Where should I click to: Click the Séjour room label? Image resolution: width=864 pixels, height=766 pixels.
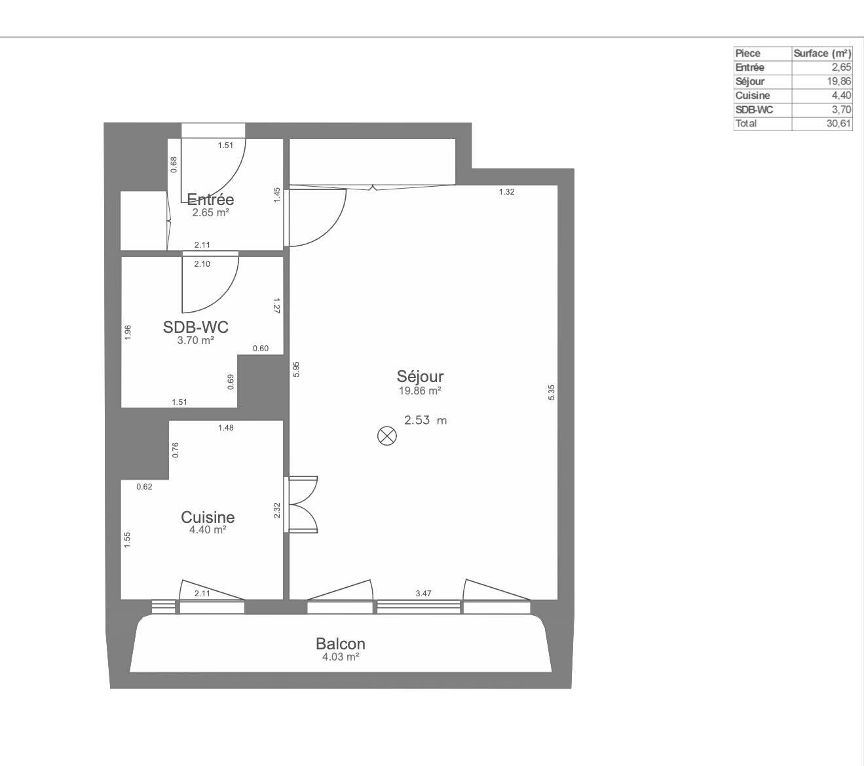click(420, 376)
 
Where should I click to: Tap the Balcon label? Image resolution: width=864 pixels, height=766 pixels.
click(341, 643)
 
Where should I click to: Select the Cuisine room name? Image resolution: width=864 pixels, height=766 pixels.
click(208, 517)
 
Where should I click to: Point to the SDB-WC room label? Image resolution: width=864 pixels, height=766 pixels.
click(196, 327)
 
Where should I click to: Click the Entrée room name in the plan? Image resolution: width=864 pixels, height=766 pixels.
click(210, 199)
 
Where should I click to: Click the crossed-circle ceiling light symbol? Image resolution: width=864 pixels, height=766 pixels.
click(387, 436)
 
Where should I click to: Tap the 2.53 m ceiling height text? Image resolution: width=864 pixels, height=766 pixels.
click(426, 420)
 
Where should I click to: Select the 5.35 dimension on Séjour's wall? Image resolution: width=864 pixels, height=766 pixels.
click(552, 393)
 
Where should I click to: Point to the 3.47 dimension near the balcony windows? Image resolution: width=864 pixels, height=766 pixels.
click(423, 593)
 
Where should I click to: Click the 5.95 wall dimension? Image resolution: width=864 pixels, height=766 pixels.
click(296, 369)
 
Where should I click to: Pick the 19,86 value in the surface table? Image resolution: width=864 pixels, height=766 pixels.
click(839, 81)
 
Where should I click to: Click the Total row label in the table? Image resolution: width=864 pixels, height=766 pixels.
click(746, 123)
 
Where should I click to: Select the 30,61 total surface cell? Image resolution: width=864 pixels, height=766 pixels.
click(839, 123)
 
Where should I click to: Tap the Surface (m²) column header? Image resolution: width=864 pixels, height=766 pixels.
click(822, 53)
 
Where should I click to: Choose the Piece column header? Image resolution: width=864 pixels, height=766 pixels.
click(748, 53)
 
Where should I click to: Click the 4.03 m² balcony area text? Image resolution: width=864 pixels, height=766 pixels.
click(341, 657)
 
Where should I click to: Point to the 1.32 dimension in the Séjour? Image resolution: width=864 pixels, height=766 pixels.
click(506, 191)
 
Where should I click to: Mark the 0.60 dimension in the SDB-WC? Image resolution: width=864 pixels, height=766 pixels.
click(261, 348)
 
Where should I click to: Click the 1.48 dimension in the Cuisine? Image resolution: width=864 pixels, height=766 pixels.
click(225, 428)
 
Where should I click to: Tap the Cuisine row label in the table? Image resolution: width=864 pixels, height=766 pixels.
click(753, 95)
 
